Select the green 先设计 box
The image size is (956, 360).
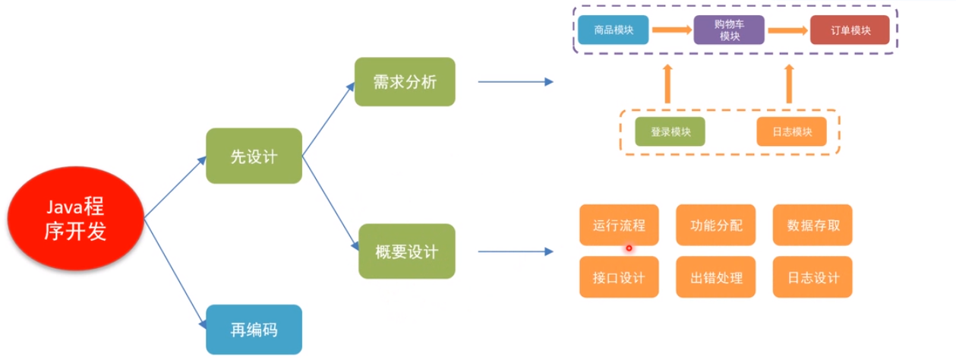(254, 156)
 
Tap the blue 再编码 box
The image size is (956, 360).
(254, 329)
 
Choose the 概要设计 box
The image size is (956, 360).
(406, 251)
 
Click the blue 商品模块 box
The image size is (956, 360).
(613, 31)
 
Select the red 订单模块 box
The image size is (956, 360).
(850, 31)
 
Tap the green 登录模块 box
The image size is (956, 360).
(670, 131)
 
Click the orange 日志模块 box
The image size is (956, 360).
(792, 131)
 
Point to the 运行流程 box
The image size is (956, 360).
(618, 226)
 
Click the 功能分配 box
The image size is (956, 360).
(716, 226)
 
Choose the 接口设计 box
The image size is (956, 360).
(618, 277)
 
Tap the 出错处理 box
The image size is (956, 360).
(716, 277)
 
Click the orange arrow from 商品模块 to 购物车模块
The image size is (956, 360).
(670, 31)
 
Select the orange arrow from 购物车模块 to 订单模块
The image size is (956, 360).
(787, 31)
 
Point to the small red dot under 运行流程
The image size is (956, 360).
(629, 248)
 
